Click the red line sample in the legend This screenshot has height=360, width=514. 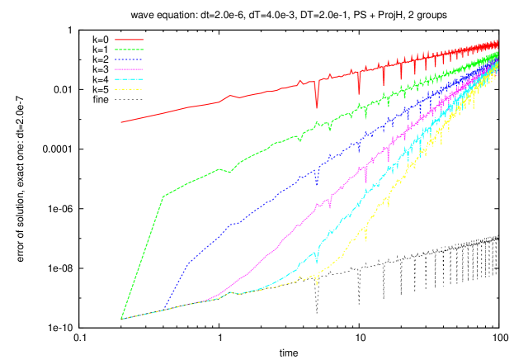coord(129,40)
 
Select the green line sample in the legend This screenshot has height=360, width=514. coord(129,50)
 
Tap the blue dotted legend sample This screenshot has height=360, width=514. coord(129,59)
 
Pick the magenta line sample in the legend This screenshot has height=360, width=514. coord(129,69)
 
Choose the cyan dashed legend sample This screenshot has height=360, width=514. coord(129,79)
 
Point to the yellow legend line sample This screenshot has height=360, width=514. coord(129,88)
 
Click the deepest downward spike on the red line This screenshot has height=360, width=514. coord(316,107)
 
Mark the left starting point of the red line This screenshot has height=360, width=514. coord(121,122)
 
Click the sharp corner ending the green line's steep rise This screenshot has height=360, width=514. coord(163,197)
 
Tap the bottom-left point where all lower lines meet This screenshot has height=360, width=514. coord(121,319)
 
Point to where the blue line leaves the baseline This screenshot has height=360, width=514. coord(163,310)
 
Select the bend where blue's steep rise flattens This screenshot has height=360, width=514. coord(189,263)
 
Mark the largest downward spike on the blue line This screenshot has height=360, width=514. coord(316,185)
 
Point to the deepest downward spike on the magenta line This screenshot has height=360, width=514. coord(366,182)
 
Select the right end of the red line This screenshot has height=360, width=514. coord(497,41)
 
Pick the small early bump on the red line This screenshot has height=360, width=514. coord(230,96)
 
